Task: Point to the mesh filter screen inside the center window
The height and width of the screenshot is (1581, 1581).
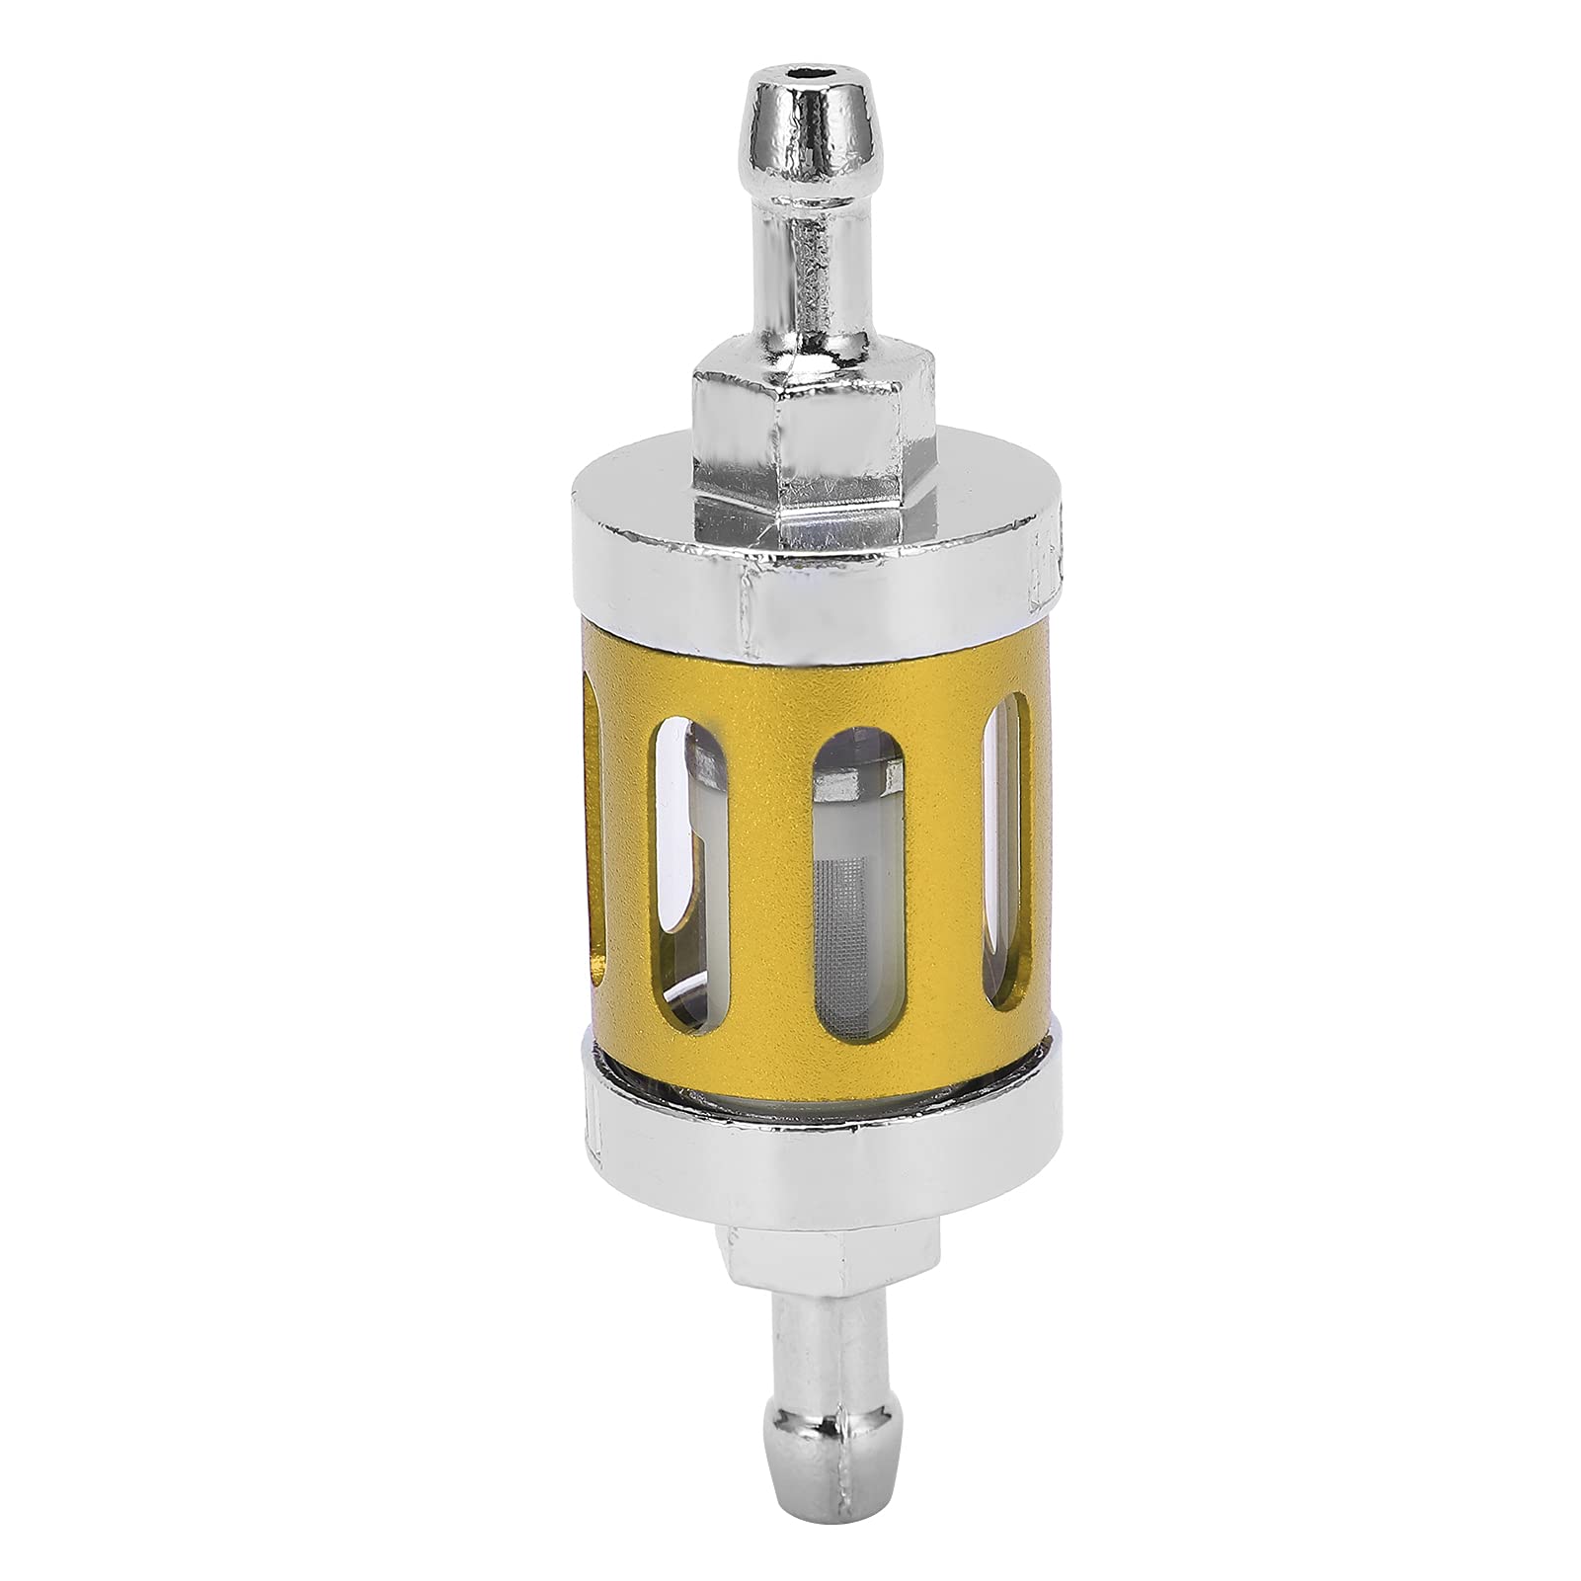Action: [x=851, y=889]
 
